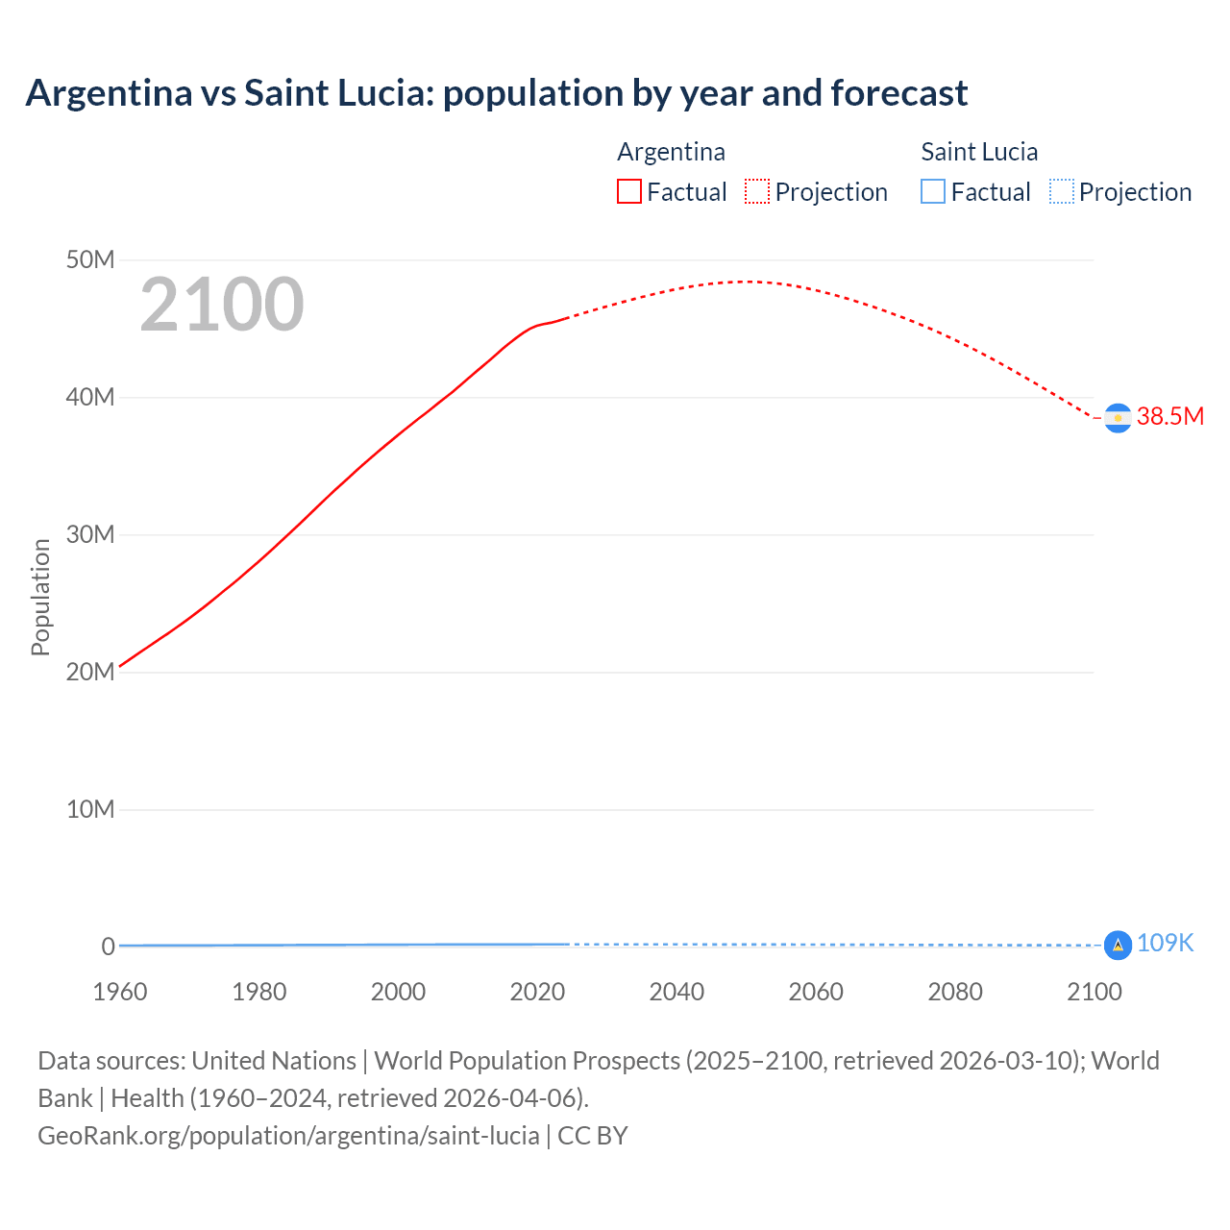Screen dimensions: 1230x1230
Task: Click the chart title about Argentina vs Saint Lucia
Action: [x=496, y=93]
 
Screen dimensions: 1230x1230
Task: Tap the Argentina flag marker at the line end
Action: [x=1117, y=418]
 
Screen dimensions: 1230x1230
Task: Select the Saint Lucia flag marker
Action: [x=1117, y=946]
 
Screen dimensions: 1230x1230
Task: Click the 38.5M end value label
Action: [x=1169, y=416]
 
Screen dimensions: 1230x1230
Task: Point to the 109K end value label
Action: [x=1165, y=944]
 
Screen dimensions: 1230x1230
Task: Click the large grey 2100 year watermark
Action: [x=222, y=305]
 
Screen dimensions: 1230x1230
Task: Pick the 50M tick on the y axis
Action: [x=90, y=260]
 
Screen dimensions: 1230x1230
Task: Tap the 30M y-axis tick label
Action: [x=90, y=535]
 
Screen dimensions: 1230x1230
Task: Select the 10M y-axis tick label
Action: [x=90, y=810]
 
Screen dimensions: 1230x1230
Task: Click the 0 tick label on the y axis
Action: [x=108, y=947]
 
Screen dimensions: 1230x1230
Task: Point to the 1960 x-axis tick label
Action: [x=120, y=992]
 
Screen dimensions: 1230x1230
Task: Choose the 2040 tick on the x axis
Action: [x=676, y=992]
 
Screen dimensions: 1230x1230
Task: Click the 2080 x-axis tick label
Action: [x=955, y=992]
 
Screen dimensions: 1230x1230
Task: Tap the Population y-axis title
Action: [x=40, y=597]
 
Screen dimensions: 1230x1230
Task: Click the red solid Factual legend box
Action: [x=628, y=192]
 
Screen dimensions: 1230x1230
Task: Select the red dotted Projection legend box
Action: [x=757, y=192]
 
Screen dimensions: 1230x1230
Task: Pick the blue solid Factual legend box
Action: [x=933, y=192]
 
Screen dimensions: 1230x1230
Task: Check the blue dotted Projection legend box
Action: [x=1061, y=192]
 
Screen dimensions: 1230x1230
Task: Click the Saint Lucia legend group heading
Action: [x=979, y=152]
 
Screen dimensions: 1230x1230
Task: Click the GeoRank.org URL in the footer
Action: [x=288, y=1136]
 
